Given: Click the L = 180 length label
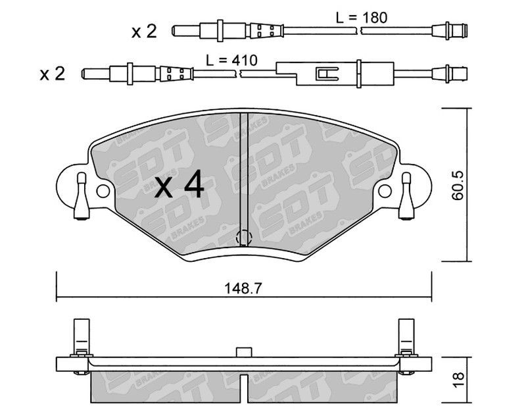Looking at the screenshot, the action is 362,18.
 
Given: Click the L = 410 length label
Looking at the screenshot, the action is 232,61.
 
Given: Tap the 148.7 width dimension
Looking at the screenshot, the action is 243,288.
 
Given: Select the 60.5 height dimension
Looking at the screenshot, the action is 457,186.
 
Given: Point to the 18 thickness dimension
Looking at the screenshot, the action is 458,380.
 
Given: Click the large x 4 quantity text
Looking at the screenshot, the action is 179,185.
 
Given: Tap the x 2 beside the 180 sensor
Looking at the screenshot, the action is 144,32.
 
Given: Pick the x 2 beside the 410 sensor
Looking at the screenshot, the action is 53,74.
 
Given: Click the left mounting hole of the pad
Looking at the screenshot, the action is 103,191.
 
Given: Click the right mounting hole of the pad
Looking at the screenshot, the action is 385,191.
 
